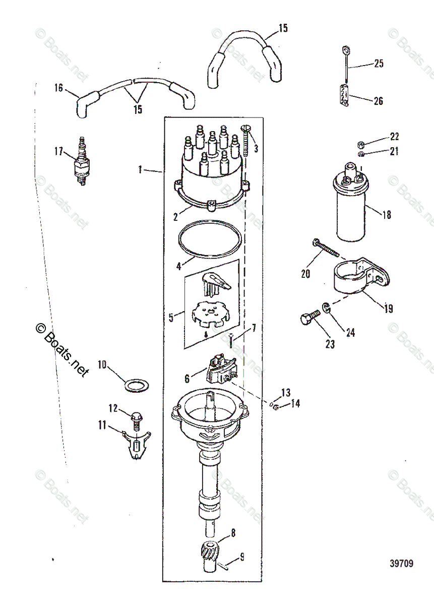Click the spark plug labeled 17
point(80,161)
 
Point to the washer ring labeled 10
point(136,386)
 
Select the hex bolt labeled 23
point(307,318)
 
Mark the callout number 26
point(378,101)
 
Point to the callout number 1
point(140,171)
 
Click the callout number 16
point(59,88)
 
